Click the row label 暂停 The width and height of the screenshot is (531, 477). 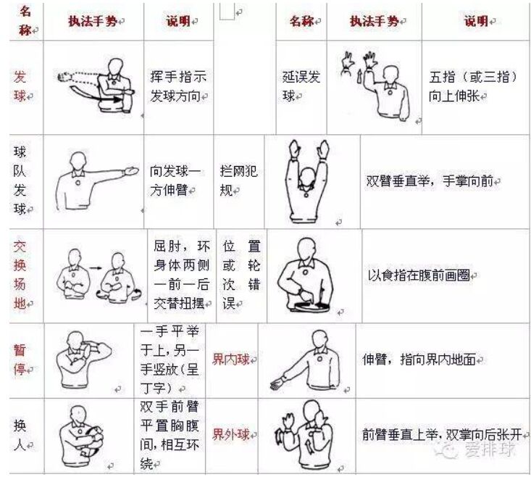point(20,360)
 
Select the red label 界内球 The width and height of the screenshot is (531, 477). point(230,359)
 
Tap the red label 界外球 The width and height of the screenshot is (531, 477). point(230,434)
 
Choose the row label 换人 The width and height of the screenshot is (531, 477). point(20,435)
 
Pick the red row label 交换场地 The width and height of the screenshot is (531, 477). point(20,275)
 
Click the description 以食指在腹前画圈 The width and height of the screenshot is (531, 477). point(419,275)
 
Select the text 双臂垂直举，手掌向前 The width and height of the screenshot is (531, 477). point(430,181)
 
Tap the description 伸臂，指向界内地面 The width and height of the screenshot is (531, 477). point(419,359)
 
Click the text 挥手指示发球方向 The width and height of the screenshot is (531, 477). point(178,86)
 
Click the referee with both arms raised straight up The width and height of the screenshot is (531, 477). point(307,181)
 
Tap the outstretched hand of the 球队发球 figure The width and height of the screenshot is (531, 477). point(131,170)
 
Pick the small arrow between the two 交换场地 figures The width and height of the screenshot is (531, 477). point(96,268)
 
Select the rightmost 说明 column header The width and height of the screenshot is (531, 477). point(475,21)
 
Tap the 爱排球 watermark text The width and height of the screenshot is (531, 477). point(490,449)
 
